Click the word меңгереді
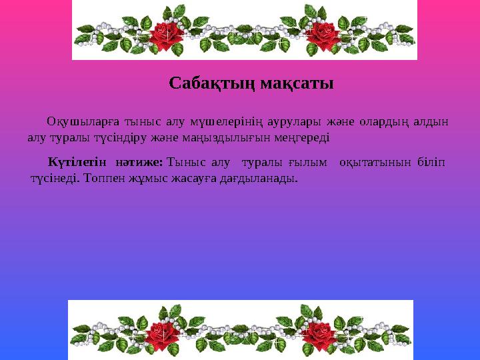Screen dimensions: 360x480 (307, 138)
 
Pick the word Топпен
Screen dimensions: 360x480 (106, 179)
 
